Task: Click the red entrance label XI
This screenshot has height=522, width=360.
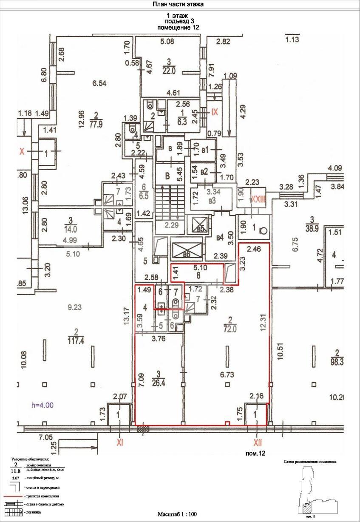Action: point(120,443)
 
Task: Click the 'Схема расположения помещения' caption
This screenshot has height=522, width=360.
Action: point(310,461)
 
